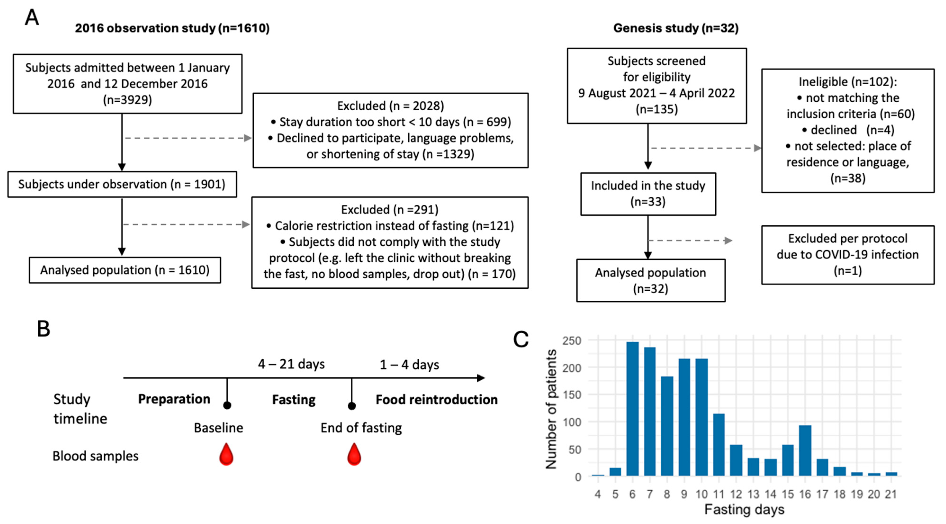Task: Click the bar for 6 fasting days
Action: coord(632,409)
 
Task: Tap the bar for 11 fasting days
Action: coord(719,445)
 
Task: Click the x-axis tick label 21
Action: coord(891,494)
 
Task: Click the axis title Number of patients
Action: coord(551,409)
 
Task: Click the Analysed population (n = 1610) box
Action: coord(125,270)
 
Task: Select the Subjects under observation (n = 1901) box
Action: coord(122,184)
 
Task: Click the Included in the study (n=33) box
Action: coord(648,194)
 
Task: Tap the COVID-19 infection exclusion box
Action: coord(847,255)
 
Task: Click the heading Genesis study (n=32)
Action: coord(676,28)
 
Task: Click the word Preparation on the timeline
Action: coord(174,399)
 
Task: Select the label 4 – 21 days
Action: coord(291,364)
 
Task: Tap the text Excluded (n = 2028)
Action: coord(390,106)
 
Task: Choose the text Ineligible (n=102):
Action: coord(847,81)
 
